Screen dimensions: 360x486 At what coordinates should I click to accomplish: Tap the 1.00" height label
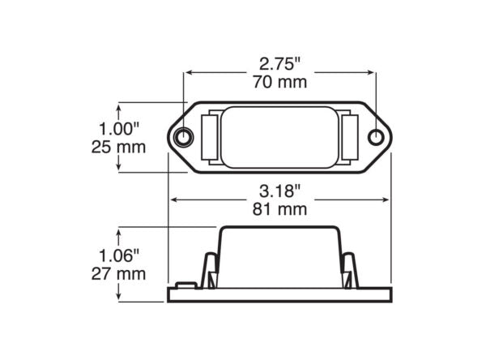pyautogui.click(x=119, y=129)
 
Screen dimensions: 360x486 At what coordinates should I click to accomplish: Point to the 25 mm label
pyautogui.click(x=119, y=147)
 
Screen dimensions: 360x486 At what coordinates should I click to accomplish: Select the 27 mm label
pyautogui.click(x=119, y=273)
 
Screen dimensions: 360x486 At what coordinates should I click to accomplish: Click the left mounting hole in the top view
pyautogui.click(x=185, y=137)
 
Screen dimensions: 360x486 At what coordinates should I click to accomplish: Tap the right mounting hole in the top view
pyautogui.click(x=376, y=137)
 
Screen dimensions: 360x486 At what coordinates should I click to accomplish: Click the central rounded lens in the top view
pyautogui.click(x=280, y=137)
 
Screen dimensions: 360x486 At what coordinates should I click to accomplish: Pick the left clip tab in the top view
pyautogui.click(x=209, y=137)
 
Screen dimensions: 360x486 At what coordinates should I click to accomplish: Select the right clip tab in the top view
pyautogui.click(x=352, y=137)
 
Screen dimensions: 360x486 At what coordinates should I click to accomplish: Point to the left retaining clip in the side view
pyautogui.click(x=209, y=270)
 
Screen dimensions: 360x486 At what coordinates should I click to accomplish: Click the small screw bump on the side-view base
pyautogui.click(x=185, y=285)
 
